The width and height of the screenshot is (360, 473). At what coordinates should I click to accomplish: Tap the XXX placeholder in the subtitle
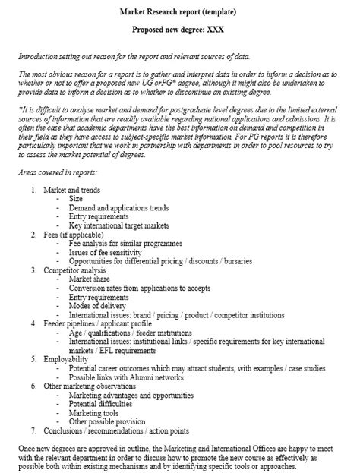(226, 30)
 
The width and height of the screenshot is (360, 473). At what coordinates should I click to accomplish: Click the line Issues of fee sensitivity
(109, 253)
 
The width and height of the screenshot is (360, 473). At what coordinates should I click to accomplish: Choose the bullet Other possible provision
(107, 422)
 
